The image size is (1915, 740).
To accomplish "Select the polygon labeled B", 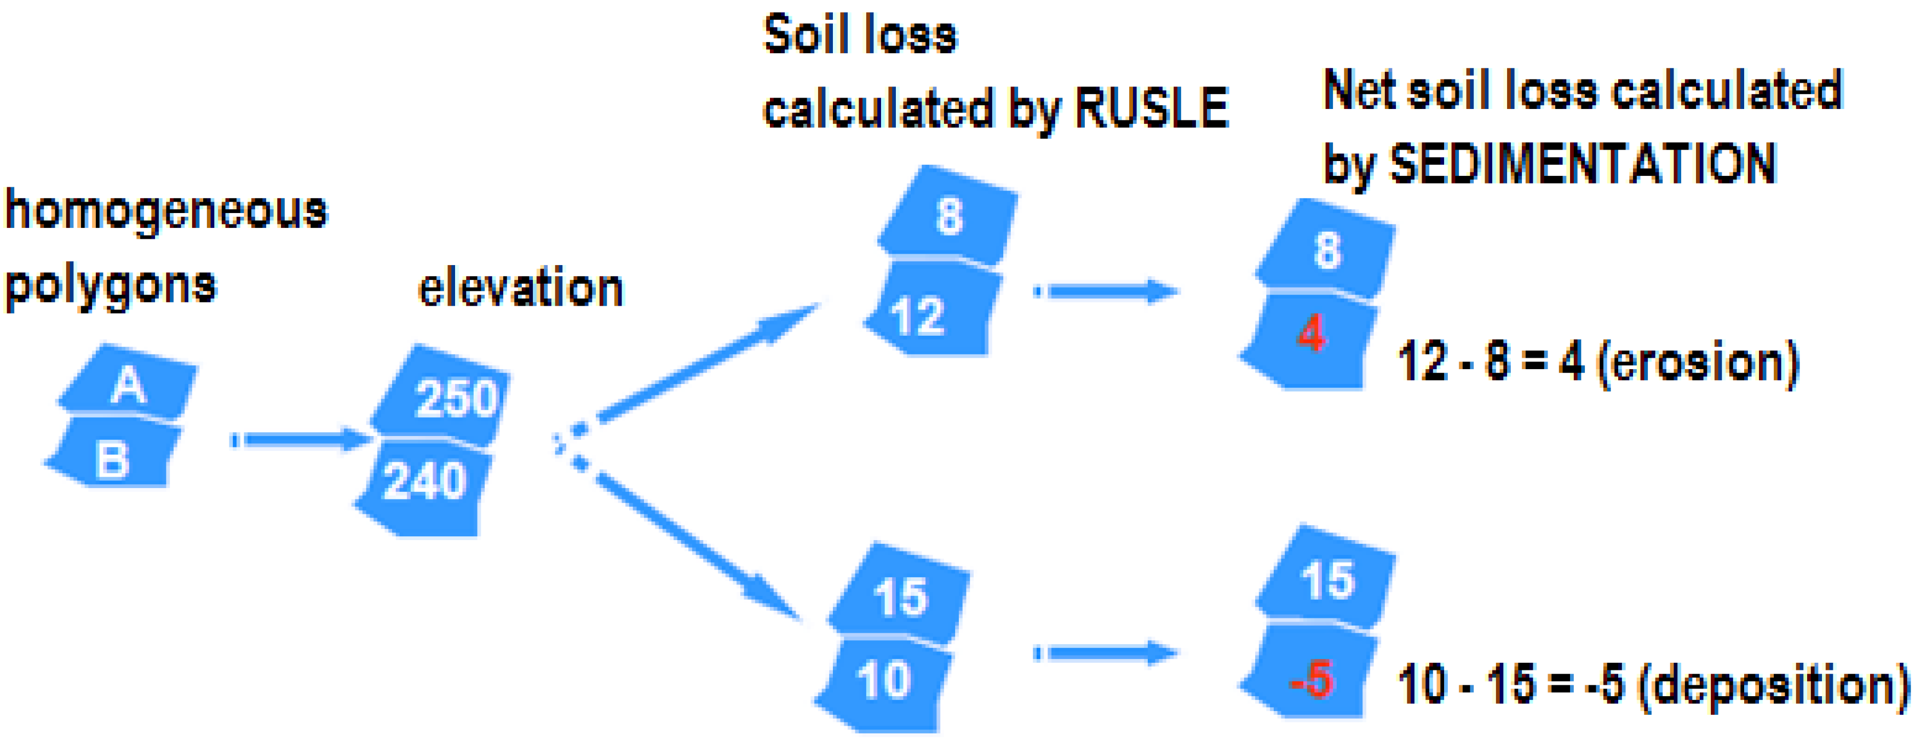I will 113,455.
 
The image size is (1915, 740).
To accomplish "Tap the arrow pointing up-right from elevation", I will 706,364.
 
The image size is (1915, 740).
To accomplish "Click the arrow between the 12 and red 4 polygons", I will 1108,291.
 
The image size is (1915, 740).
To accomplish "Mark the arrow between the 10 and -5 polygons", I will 1108,653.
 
